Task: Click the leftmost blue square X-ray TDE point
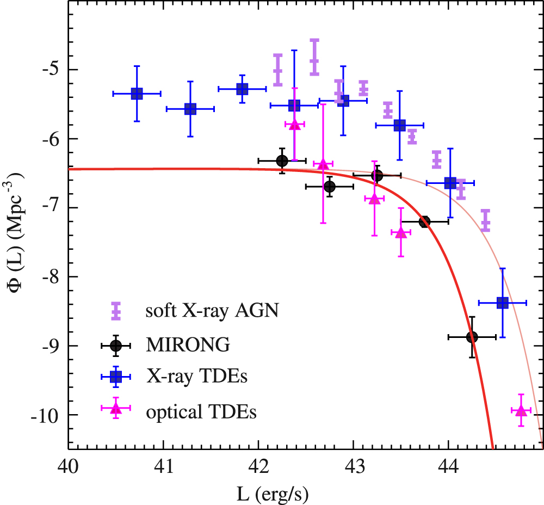point(137,94)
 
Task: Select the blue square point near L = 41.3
point(190,109)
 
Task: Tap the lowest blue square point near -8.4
point(503,303)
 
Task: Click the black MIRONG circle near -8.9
point(472,337)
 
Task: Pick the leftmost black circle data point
point(282,161)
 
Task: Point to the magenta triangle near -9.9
point(521,410)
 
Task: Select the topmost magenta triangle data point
point(294,125)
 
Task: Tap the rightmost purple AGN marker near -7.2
point(485,220)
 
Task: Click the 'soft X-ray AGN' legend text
point(212,311)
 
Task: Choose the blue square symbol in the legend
point(115,377)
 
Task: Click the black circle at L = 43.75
point(424,221)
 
